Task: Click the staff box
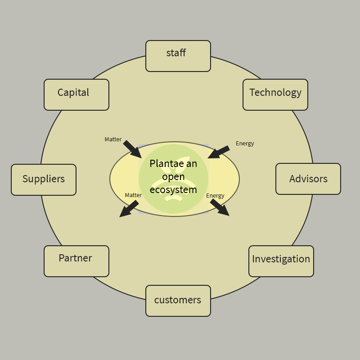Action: click(178, 56)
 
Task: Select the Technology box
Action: click(275, 95)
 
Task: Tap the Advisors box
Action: click(308, 179)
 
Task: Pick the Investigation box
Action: click(281, 261)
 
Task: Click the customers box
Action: click(178, 301)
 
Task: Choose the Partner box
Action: click(76, 261)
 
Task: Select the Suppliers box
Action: click(44, 180)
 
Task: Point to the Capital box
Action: click(76, 95)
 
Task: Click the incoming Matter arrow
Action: click(132, 149)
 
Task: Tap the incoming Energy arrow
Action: click(219, 152)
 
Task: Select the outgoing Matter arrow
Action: click(129, 209)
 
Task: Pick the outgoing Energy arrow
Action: click(220, 207)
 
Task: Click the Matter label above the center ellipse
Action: click(113, 139)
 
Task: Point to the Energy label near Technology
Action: click(245, 144)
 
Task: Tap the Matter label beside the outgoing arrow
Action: click(133, 195)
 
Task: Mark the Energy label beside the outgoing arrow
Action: click(215, 196)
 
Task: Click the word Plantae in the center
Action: click(162, 163)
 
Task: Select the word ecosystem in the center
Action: click(173, 189)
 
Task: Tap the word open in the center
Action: click(173, 176)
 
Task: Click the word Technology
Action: click(275, 92)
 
